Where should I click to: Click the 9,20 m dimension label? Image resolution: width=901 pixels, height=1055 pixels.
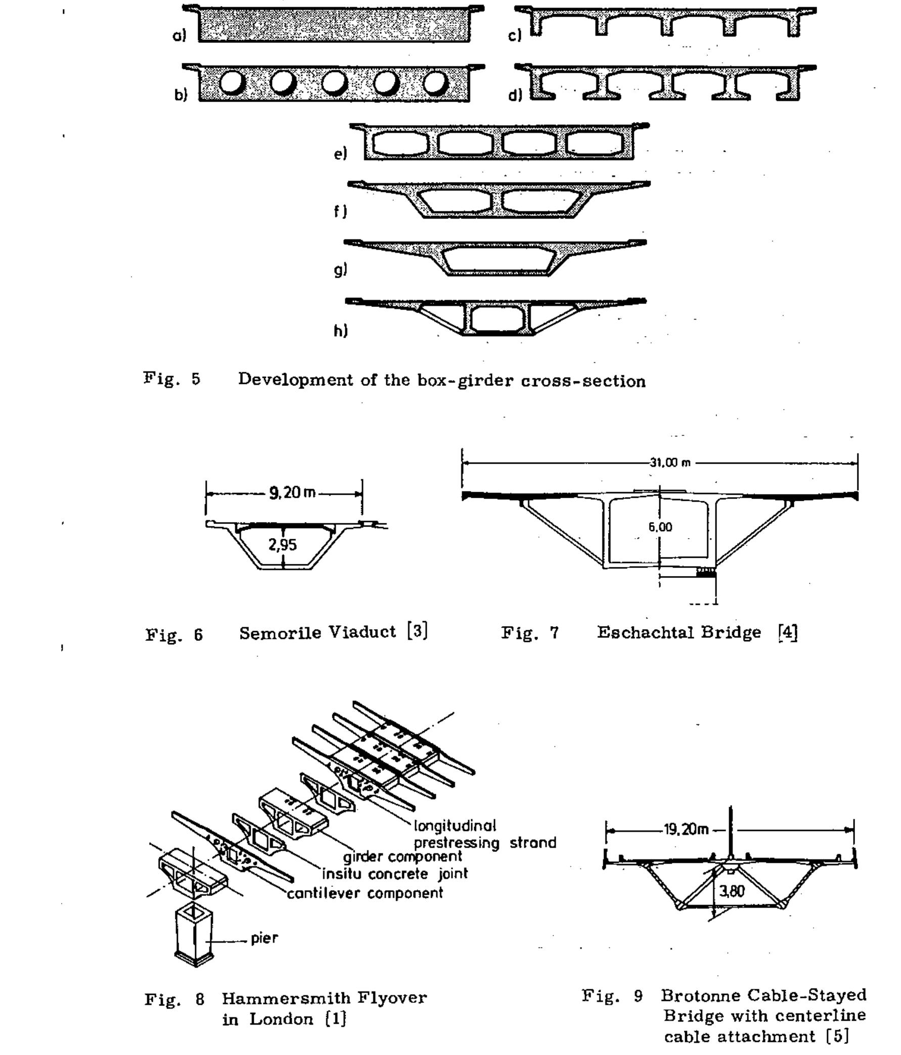coord(292,493)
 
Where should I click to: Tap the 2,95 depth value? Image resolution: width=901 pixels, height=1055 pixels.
coord(283,545)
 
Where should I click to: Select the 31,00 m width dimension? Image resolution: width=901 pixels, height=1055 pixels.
coord(670,463)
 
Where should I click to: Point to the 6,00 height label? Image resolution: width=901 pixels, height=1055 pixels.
coord(660,527)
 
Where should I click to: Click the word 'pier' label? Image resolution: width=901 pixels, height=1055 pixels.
coord(264,938)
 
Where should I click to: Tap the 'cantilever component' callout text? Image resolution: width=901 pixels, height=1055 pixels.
coord(365,894)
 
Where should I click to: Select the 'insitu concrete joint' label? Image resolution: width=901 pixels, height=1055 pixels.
coord(394,874)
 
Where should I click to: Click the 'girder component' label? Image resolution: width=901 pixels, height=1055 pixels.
coord(402,857)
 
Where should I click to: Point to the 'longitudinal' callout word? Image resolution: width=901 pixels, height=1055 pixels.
coord(455,825)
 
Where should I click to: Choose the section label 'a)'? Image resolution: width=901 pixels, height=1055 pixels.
coord(179,35)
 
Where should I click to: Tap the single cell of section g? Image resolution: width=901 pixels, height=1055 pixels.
coord(498,258)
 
